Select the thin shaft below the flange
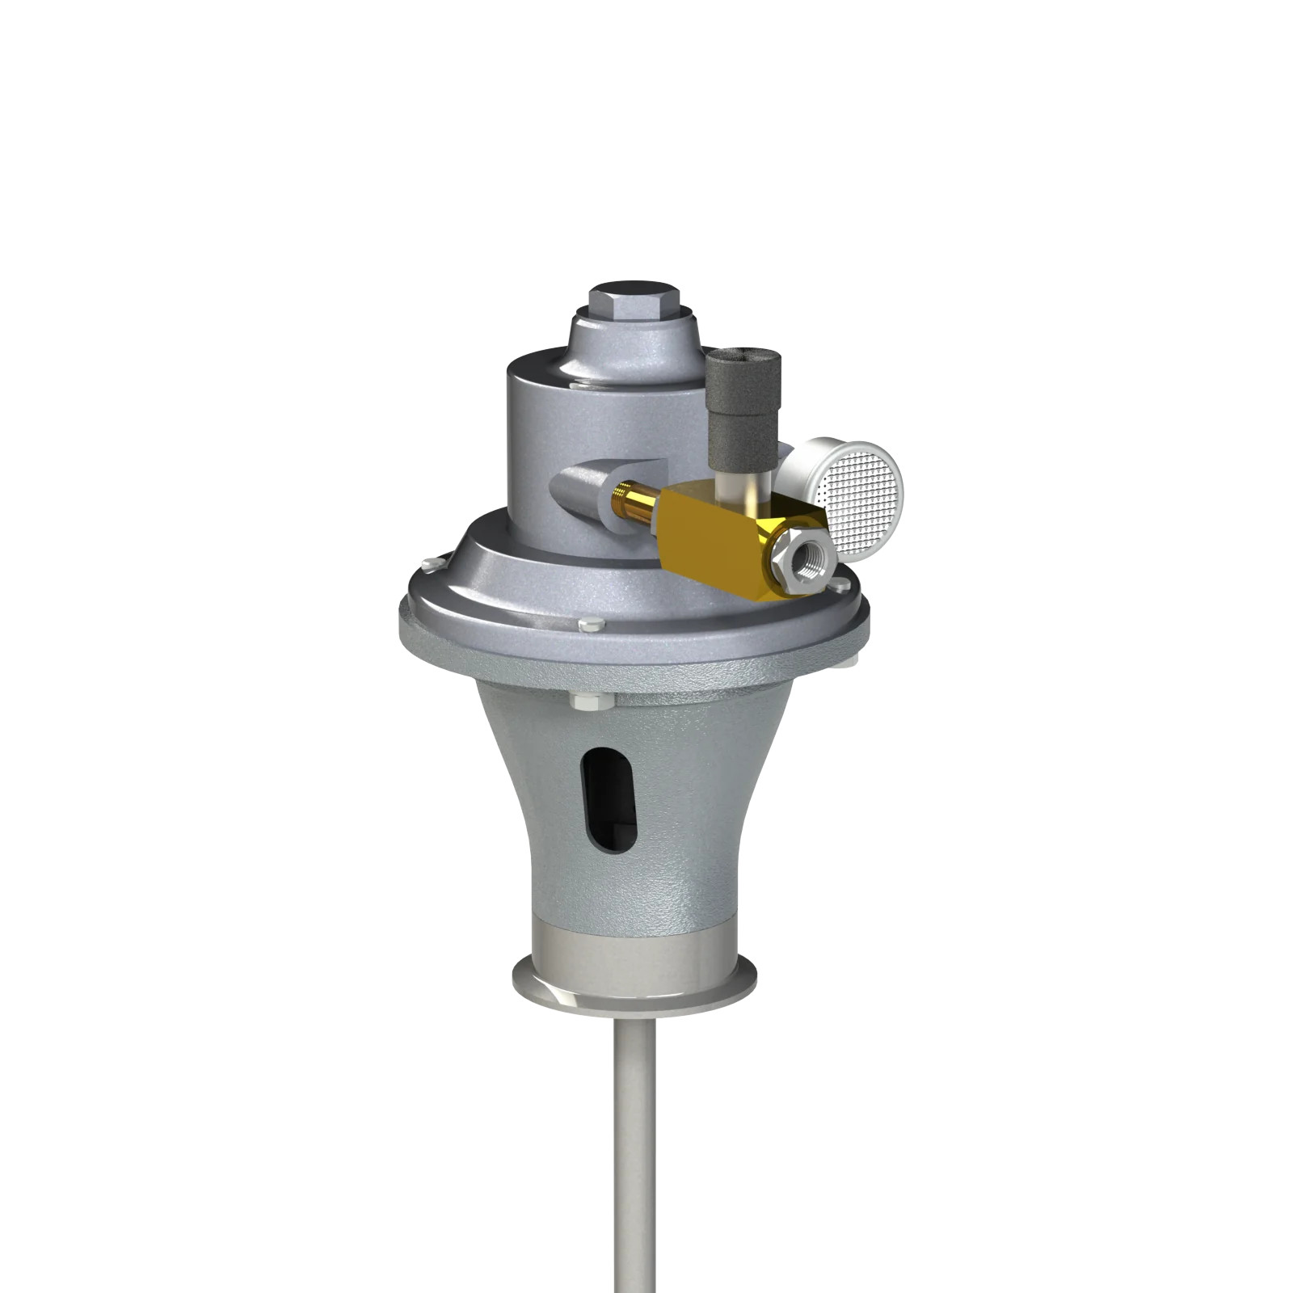[x=634, y=1148]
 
